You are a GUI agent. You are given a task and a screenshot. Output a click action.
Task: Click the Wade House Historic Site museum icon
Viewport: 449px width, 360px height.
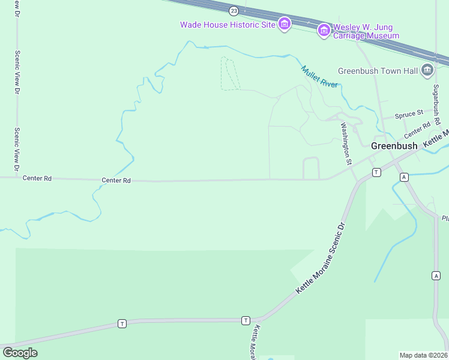285,24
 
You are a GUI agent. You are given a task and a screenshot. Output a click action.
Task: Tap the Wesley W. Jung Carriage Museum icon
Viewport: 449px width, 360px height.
324,30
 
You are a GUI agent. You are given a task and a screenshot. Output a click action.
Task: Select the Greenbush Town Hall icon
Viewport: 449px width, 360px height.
427,70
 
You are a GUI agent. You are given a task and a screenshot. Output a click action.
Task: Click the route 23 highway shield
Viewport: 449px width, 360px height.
234,11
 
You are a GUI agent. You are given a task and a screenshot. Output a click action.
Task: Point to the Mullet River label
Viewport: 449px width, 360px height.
319,77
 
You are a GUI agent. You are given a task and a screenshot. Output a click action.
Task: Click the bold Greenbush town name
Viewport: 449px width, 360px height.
394,146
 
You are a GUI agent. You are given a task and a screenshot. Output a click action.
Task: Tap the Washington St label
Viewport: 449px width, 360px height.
345,143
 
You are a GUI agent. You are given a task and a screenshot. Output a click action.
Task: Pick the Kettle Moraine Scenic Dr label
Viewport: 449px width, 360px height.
322,260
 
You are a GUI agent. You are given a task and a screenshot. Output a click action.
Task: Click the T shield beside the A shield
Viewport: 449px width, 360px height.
376,172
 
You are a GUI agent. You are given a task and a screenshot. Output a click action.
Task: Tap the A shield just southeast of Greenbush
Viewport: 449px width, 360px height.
404,177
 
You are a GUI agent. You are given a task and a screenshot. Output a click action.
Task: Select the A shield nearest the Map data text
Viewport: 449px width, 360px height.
436,275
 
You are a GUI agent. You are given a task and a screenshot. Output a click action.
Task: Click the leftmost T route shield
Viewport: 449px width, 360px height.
122,323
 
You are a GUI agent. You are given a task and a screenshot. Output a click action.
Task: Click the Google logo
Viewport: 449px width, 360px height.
20,353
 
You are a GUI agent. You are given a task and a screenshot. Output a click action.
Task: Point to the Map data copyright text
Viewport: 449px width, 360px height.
423,355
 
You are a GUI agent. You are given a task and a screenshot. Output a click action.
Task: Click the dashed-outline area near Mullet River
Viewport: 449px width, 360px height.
230,74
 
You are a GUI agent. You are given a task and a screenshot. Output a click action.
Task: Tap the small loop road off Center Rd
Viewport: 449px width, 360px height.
311,167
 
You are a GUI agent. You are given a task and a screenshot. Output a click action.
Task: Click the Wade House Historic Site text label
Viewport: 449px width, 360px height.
228,25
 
